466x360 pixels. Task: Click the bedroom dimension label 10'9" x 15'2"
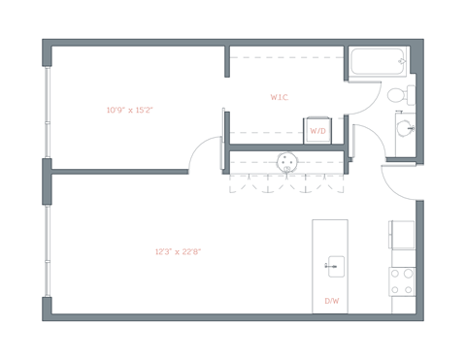click(x=130, y=110)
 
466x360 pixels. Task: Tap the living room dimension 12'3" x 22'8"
click(x=178, y=251)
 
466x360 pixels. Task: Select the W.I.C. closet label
click(x=279, y=97)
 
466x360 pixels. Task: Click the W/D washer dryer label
click(x=317, y=130)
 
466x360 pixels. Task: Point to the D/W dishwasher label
click(x=331, y=301)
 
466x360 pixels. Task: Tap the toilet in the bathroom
click(x=398, y=95)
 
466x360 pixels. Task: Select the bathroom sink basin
click(x=403, y=129)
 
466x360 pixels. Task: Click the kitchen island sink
click(x=334, y=264)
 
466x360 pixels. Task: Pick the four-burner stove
click(x=402, y=281)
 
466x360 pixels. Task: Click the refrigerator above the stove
click(x=402, y=235)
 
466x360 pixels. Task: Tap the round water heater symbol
click(x=286, y=162)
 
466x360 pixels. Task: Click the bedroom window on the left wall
click(x=46, y=112)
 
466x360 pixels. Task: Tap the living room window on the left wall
click(x=46, y=247)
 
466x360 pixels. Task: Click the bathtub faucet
click(x=402, y=61)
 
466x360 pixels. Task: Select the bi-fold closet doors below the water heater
click(x=286, y=184)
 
